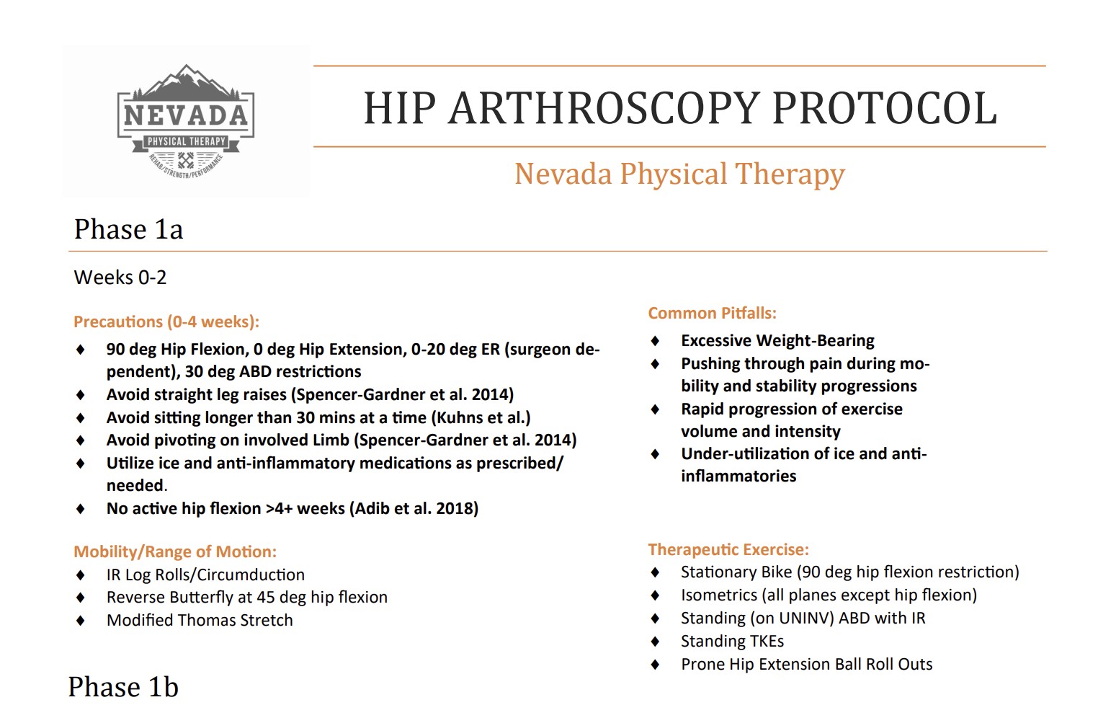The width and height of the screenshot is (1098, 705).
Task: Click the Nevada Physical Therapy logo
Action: click(186, 121)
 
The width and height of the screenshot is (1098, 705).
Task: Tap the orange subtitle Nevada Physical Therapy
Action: click(679, 174)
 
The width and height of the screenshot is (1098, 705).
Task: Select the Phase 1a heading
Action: click(128, 229)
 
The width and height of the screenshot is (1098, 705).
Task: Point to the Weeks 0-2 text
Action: click(120, 278)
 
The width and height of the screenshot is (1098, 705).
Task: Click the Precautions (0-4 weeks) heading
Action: click(166, 322)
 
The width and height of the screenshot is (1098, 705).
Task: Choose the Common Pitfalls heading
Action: click(712, 313)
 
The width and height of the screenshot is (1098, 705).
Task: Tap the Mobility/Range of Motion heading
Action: click(174, 551)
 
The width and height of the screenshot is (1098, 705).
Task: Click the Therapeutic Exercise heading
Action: click(728, 549)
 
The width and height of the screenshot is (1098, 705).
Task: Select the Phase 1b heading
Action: click(123, 687)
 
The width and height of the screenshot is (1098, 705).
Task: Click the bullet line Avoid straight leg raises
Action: click(310, 394)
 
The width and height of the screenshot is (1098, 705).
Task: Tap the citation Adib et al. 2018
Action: click(416, 508)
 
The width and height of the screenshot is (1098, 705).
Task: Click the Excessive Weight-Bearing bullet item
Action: click(777, 340)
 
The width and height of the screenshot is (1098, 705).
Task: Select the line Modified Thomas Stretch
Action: click(200, 620)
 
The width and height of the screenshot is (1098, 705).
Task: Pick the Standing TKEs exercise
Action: click(732, 641)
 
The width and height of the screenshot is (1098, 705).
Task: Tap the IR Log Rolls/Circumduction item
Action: click(205, 575)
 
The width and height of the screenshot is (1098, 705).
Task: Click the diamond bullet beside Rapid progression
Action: click(655, 409)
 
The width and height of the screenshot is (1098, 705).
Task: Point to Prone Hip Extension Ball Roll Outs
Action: click(806, 664)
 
